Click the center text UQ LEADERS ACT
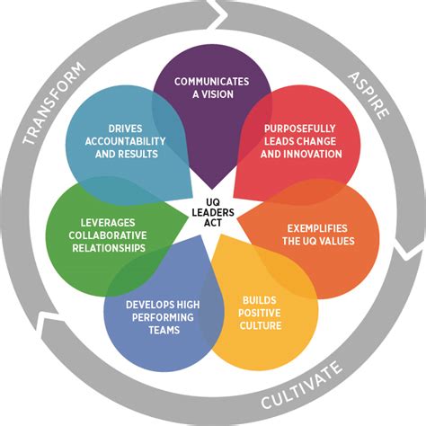tap(213, 212)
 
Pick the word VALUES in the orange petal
tap(336, 241)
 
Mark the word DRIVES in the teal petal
tap(124, 128)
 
